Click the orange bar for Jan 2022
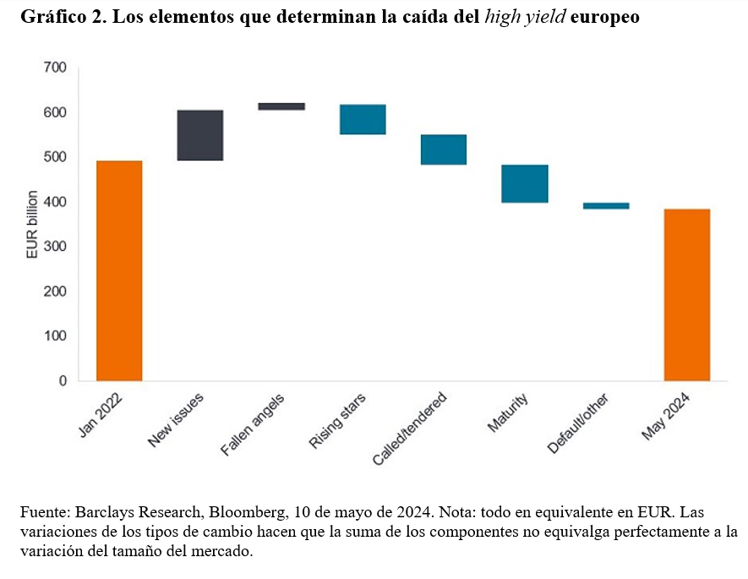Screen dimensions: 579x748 pyautogui.click(x=119, y=270)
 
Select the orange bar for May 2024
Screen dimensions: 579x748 pyautogui.click(x=686, y=294)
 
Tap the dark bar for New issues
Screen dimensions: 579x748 pyautogui.click(x=200, y=135)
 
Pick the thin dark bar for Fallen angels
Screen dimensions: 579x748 pyautogui.click(x=281, y=107)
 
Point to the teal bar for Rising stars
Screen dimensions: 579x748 pyautogui.click(x=363, y=119)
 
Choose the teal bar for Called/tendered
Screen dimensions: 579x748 pyautogui.click(x=444, y=150)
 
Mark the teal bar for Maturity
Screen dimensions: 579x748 pyautogui.click(x=525, y=183)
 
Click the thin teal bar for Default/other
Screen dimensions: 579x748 pyautogui.click(x=606, y=205)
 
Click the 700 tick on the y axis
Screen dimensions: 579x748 pyautogui.click(x=55, y=68)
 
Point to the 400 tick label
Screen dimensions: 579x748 pyautogui.click(x=55, y=202)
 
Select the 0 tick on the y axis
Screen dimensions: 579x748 pyautogui.click(x=63, y=381)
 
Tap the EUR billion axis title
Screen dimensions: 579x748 pyautogui.click(x=31, y=224)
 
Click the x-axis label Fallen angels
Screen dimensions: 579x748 pyautogui.click(x=252, y=425)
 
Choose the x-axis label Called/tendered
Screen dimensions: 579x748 pyautogui.click(x=408, y=429)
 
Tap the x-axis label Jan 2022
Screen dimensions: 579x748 pyautogui.click(x=97, y=418)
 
